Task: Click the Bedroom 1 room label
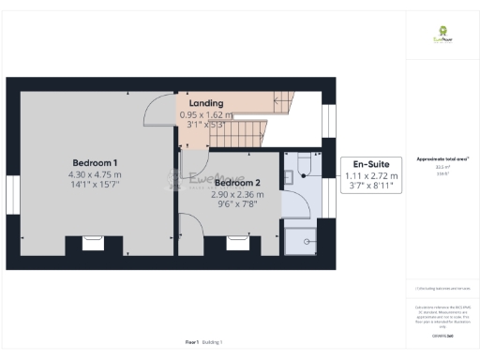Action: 95,161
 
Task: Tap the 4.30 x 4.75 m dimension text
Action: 95,174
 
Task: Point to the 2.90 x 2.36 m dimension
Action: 238,194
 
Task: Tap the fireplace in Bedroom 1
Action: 93,243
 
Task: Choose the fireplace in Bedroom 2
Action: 237,243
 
